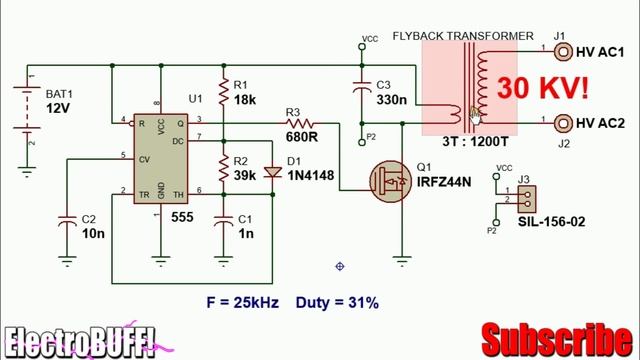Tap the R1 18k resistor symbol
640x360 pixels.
point(222,91)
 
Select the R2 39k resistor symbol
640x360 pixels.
point(222,166)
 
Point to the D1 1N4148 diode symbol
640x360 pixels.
point(270,171)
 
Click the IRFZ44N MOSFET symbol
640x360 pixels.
point(391,181)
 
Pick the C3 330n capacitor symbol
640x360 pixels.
point(362,91)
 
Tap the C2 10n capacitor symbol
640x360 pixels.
point(68,224)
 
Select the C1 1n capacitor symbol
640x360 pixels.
point(222,224)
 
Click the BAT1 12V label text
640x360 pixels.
point(60,100)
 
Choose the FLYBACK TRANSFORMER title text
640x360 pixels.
point(477,36)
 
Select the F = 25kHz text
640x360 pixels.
point(243,301)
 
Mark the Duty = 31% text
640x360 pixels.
point(337,301)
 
